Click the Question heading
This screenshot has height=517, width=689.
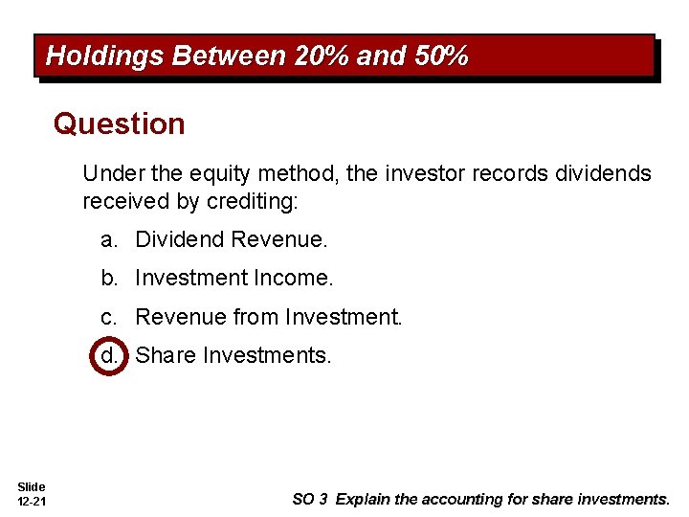click(120, 124)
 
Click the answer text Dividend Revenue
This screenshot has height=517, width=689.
click(231, 239)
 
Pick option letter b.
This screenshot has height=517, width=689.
click(110, 279)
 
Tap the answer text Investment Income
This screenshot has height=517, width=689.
click(234, 279)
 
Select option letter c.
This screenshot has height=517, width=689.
click(110, 317)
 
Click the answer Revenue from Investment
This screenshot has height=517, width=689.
click(269, 317)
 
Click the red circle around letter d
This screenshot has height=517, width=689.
click(110, 356)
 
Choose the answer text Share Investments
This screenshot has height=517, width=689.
click(233, 356)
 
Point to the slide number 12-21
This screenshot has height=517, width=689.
click(32, 503)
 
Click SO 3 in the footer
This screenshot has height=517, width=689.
click(311, 499)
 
